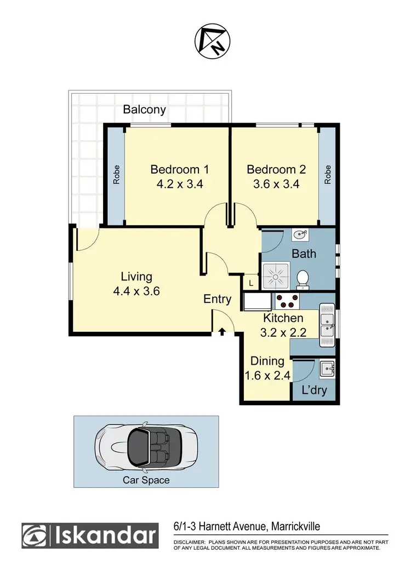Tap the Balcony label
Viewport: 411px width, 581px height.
point(144,110)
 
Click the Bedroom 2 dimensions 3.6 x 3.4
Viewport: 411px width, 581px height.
point(272,185)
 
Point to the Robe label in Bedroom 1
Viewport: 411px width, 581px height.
point(116,175)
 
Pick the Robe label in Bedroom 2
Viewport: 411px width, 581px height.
point(328,175)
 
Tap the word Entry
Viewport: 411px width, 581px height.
point(217,299)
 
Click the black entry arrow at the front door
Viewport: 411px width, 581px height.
point(222,331)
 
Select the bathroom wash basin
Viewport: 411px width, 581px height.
point(300,235)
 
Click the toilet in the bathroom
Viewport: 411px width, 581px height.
point(302,279)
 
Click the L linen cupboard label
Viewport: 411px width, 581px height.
point(251,283)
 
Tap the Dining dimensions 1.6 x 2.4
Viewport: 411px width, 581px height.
point(267,376)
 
